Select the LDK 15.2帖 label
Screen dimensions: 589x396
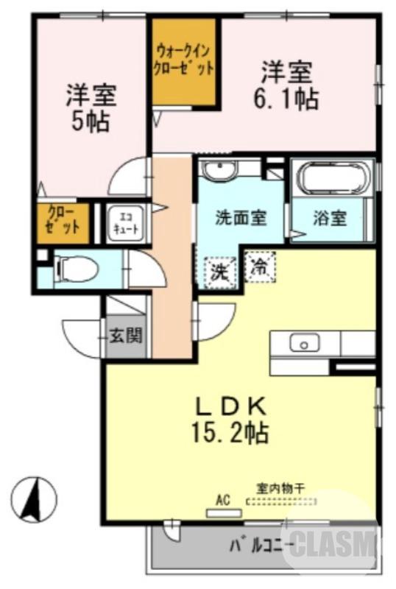(x=229, y=419)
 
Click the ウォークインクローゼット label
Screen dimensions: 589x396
(x=184, y=60)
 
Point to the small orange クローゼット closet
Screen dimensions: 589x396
(x=63, y=222)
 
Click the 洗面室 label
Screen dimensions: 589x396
(x=239, y=219)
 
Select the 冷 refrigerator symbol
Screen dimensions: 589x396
(x=259, y=265)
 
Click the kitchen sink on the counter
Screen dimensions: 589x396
(x=302, y=343)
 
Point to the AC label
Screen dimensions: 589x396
(x=222, y=500)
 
